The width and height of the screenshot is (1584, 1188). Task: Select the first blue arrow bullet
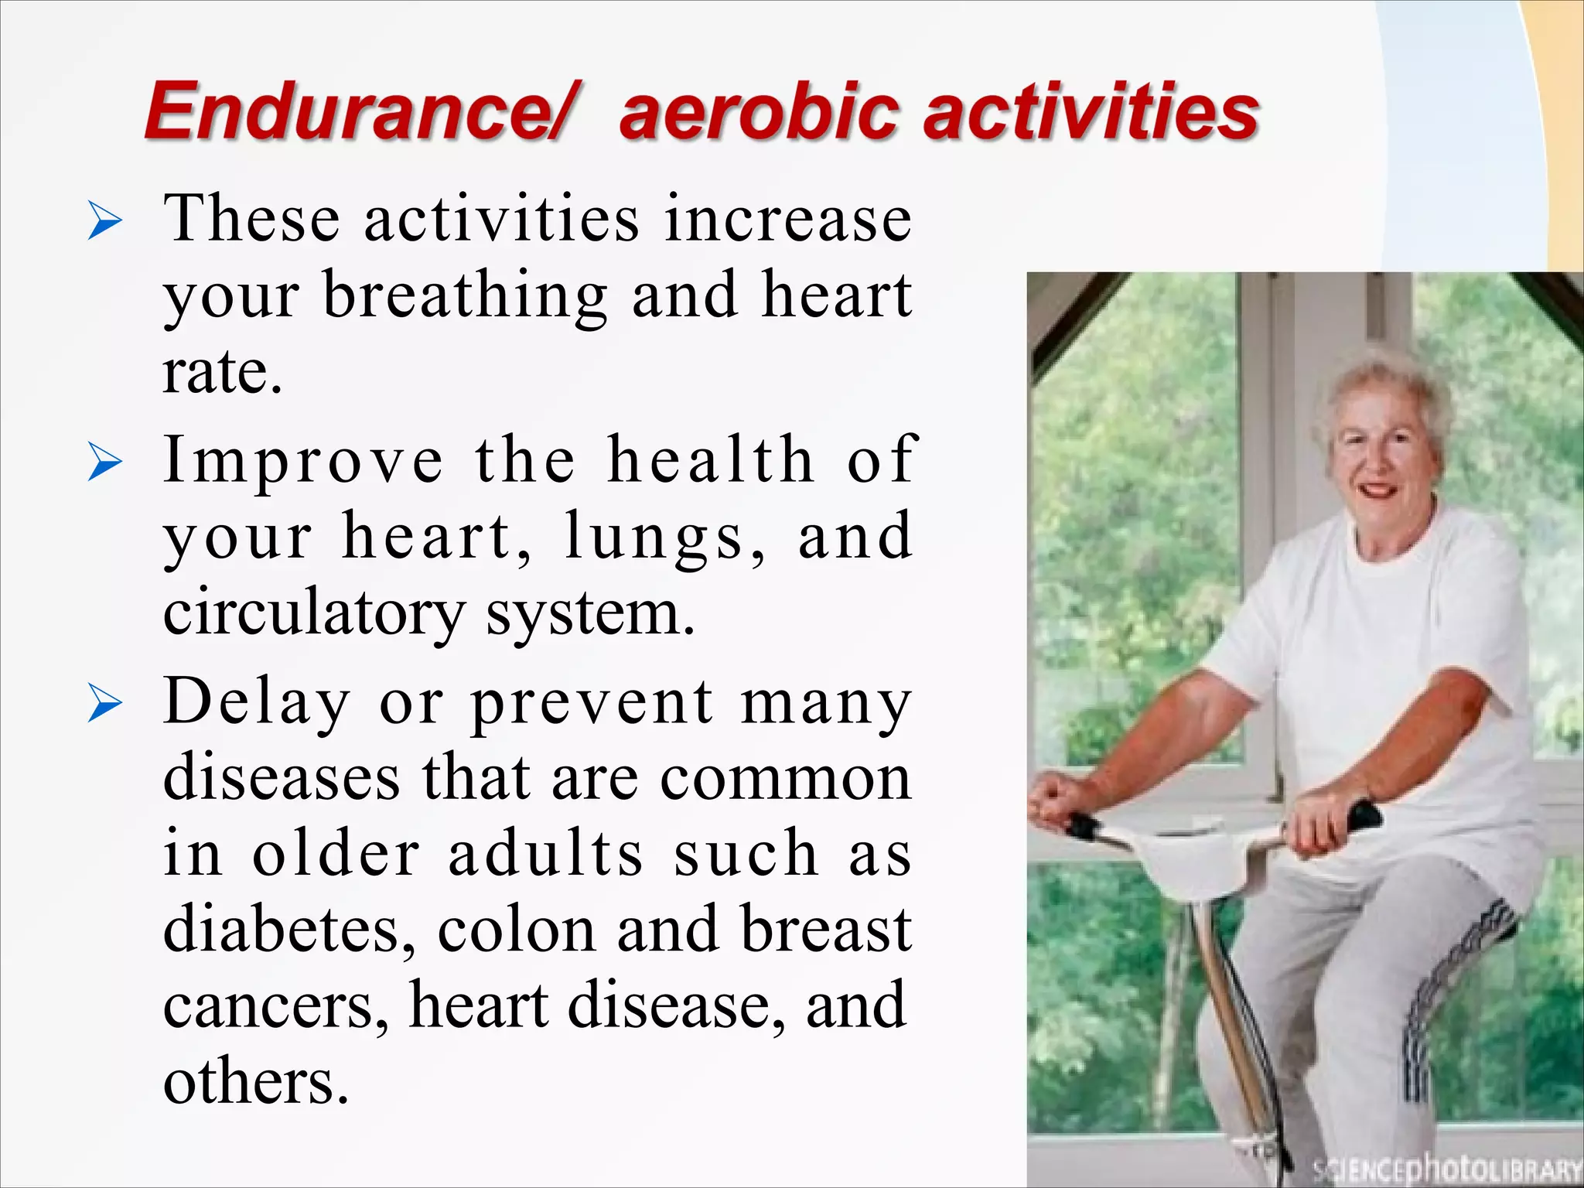tap(104, 222)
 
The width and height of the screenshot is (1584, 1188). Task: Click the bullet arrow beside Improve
tap(104, 463)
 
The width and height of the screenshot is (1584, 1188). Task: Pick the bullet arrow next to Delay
tap(104, 705)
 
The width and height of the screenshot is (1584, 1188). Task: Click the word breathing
tap(465, 297)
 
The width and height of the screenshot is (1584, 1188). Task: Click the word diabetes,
tap(290, 930)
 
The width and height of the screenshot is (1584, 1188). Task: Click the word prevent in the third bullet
tap(592, 703)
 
